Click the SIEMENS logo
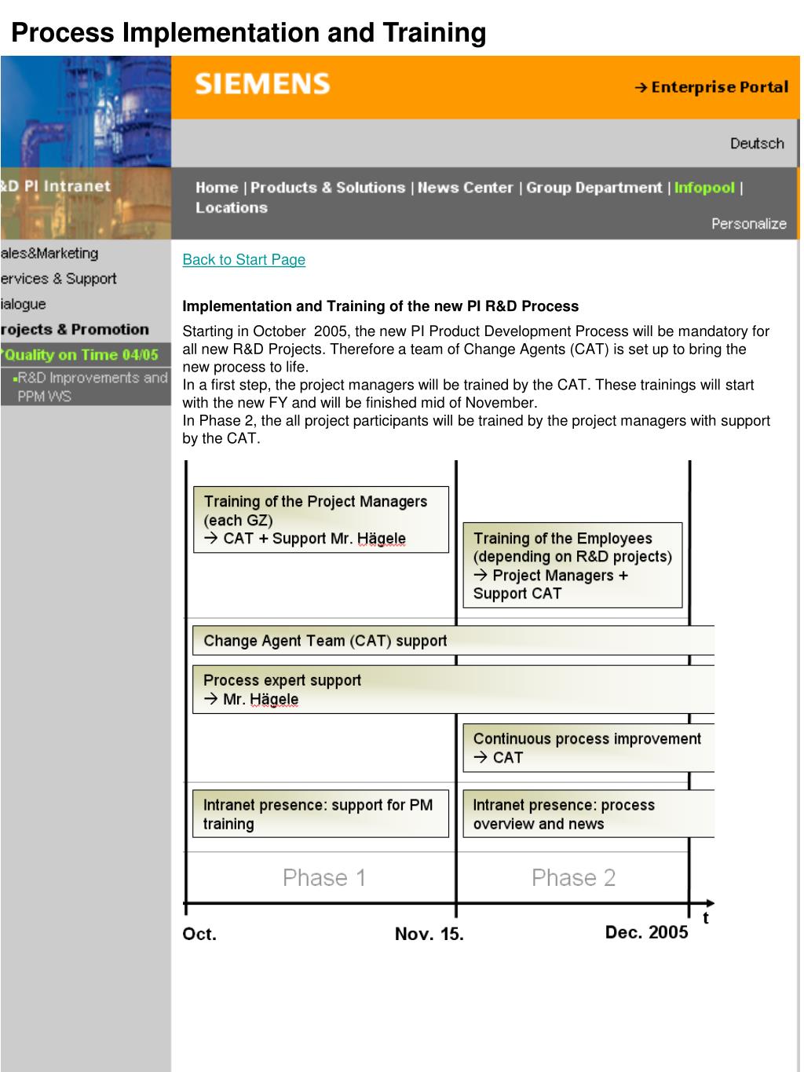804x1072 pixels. (x=262, y=83)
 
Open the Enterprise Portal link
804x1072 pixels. (x=711, y=87)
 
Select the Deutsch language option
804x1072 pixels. (x=757, y=143)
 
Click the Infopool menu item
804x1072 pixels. (x=704, y=188)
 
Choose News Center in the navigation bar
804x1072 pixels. (x=465, y=188)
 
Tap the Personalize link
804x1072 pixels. (x=748, y=224)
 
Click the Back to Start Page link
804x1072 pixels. (x=243, y=260)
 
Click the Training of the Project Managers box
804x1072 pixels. (x=320, y=519)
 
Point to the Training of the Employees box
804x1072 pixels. (x=572, y=565)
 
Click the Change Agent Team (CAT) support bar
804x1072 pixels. (x=453, y=640)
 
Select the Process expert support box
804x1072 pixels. (x=453, y=689)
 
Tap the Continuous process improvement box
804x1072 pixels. (x=587, y=748)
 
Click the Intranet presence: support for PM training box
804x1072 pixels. (x=320, y=814)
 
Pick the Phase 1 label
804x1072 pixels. (x=324, y=877)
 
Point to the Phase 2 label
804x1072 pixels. (x=573, y=877)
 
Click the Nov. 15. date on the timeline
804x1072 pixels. (x=429, y=934)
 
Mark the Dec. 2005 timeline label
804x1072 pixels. (x=646, y=932)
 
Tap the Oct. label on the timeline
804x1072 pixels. (x=199, y=934)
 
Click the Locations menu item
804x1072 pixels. (x=232, y=208)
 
